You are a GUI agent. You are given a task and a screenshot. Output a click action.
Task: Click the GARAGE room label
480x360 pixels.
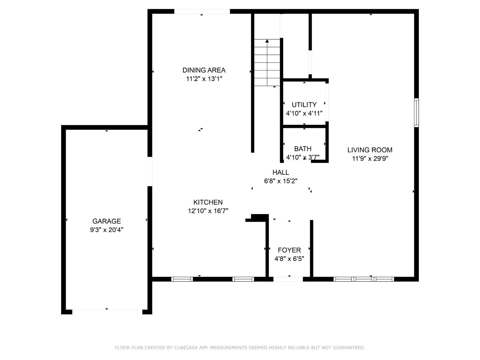pyautogui.click(x=107, y=221)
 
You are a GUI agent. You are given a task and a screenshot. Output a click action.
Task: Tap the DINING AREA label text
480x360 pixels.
pyautogui.click(x=204, y=70)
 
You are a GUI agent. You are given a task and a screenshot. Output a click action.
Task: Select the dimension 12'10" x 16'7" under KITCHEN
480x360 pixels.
pyautogui.click(x=208, y=211)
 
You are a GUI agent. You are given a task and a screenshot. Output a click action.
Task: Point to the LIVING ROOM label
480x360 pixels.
pyautogui.click(x=370, y=150)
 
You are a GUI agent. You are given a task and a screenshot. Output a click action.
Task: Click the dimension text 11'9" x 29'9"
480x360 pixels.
pyautogui.click(x=370, y=158)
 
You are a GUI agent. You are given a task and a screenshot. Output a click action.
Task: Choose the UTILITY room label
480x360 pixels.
pyautogui.click(x=304, y=105)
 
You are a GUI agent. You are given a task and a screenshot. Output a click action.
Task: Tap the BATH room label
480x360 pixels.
pyautogui.click(x=303, y=149)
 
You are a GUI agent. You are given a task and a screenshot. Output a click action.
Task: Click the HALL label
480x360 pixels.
pyautogui.click(x=281, y=172)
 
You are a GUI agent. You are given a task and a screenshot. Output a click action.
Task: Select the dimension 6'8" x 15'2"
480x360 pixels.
pyautogui.click(x=281, y=181)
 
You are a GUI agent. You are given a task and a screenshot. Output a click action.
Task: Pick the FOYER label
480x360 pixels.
pyautogui.click(x=289, y=250)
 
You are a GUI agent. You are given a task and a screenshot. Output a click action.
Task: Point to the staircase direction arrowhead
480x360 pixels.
pyautogui.click(x=267, y=41)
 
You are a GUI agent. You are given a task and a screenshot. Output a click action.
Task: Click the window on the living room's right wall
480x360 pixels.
pyautogui.click(x=416, y=113)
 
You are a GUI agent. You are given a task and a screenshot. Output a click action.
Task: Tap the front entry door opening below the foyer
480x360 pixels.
pyautogui.click(x=288, y=279)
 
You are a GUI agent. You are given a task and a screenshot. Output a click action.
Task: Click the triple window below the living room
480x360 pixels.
pyautogui.click(x=364, y=279)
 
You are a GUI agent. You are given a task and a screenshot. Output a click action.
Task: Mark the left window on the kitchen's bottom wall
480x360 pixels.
pyautogui.click(x=182, y=279)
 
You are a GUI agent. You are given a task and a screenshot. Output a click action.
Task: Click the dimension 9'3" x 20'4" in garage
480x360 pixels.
pyautogui.click(x=107, y=230)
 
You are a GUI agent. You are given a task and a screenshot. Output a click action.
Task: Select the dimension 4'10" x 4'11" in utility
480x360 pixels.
pyautogui.click(x=304, y=113)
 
